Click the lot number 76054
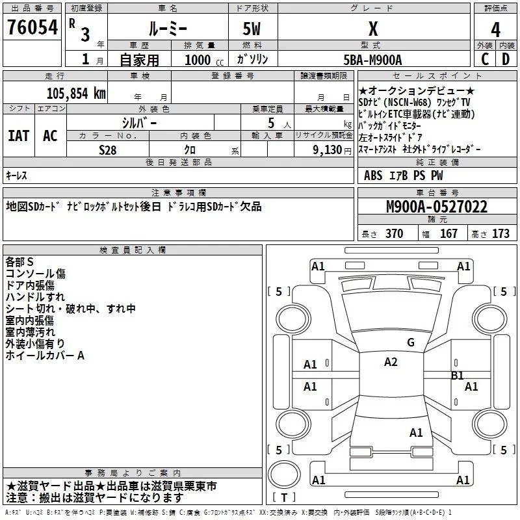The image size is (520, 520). coord(32,27)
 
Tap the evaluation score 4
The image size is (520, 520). coord(495,29)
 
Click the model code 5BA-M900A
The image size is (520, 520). coord(372,58)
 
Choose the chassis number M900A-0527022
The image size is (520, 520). coord(436,207)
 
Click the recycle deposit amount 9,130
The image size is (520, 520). coord(322,149)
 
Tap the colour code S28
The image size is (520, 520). coord(108,149)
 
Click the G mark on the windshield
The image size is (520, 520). coord(410,343)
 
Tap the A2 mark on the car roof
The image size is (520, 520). coord(391,362)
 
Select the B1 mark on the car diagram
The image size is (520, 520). coord(458,375)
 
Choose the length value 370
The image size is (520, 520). coord(394,233)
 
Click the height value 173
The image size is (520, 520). coord(500,233)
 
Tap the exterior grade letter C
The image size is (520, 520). coord(484,58)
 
